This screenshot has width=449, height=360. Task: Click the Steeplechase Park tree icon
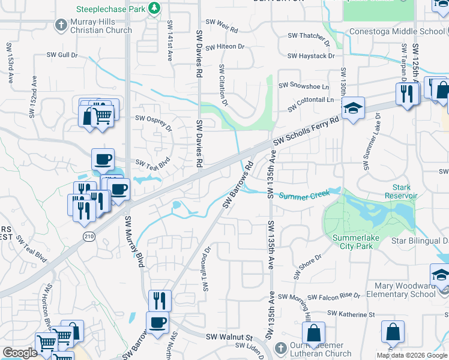point(154,8)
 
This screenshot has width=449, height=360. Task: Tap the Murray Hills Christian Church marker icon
point(60,25)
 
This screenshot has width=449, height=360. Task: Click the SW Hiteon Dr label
point(225,47)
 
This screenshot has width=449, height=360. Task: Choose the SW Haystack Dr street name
point(311,56)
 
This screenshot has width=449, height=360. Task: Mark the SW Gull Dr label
point(62,55)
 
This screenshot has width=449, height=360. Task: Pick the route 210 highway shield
point(89,237)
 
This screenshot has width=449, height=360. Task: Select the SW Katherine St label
point(351,314)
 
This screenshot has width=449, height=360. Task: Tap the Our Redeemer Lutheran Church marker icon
point(280,349)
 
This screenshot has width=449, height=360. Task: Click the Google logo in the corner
point(20,353)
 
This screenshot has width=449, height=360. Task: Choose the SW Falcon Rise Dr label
point(333,296)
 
